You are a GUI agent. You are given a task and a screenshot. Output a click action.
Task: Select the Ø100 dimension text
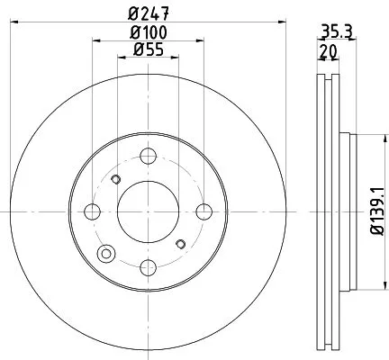148,33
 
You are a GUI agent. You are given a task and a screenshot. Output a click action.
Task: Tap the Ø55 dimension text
148,50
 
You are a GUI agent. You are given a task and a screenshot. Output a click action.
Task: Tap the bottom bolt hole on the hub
148,266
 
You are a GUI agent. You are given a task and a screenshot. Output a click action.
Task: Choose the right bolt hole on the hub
204,211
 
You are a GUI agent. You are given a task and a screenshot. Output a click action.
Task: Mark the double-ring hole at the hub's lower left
109,252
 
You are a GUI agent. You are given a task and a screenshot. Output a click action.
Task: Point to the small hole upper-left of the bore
114,179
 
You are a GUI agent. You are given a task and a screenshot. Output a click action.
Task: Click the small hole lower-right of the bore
181,243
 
